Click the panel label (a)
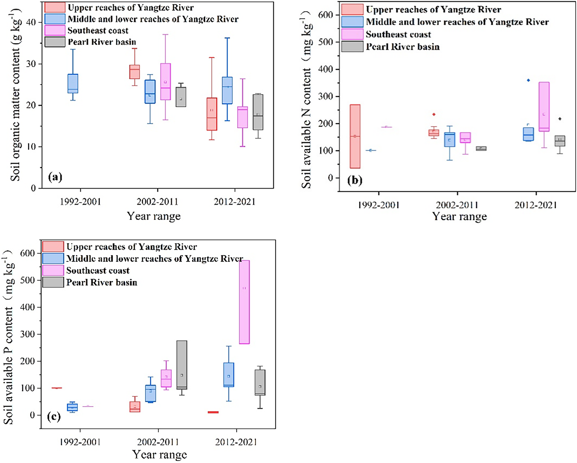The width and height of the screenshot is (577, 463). [x=55, y=177]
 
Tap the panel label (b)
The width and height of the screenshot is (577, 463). [x=355, y=180]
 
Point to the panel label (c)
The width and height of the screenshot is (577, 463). [x=53, y=416]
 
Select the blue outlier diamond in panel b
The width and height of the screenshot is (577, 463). [x=528, y=80]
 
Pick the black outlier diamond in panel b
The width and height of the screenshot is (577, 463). [x=560, y=119]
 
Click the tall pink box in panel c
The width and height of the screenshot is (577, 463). [x=244, y=302]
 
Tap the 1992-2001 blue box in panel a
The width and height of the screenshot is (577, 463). [x=73, y=83]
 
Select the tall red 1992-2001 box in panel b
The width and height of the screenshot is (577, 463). [x=355, y=136]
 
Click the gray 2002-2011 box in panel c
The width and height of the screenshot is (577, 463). [x=182, y=365]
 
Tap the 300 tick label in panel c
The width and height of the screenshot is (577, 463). [x=28, y=334]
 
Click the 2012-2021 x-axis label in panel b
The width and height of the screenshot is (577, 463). [x=536, y=205]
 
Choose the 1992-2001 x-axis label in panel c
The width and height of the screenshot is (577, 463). [x=80, y=442]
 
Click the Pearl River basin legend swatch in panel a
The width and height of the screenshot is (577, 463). [x=55, y=42]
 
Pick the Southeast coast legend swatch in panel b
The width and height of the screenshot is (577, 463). [x=352, y=34]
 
